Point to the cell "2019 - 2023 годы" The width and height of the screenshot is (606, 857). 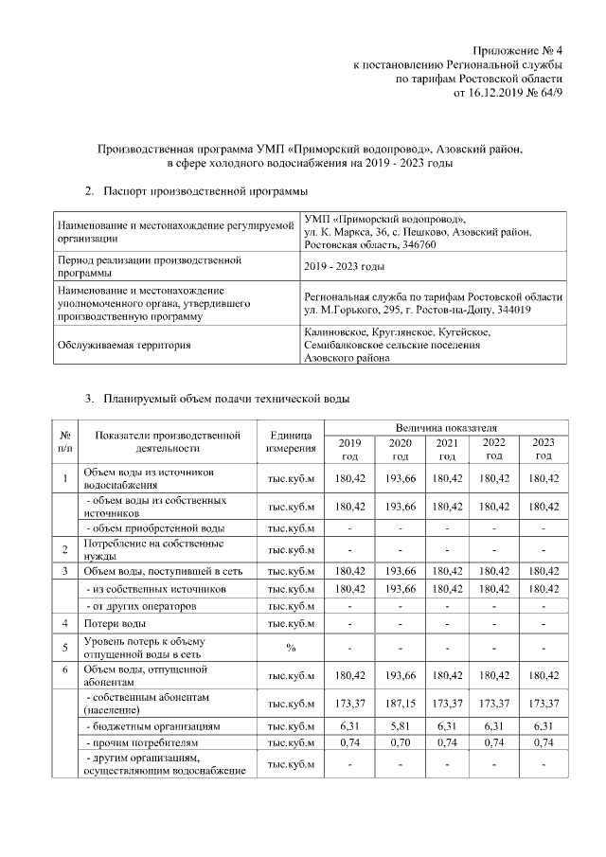(345, 266)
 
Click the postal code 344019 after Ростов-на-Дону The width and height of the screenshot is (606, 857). (510, 310)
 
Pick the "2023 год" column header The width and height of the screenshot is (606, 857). (544, 449)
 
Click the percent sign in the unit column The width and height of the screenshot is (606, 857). (291, 648)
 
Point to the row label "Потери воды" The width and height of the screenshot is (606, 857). (115, 624)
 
